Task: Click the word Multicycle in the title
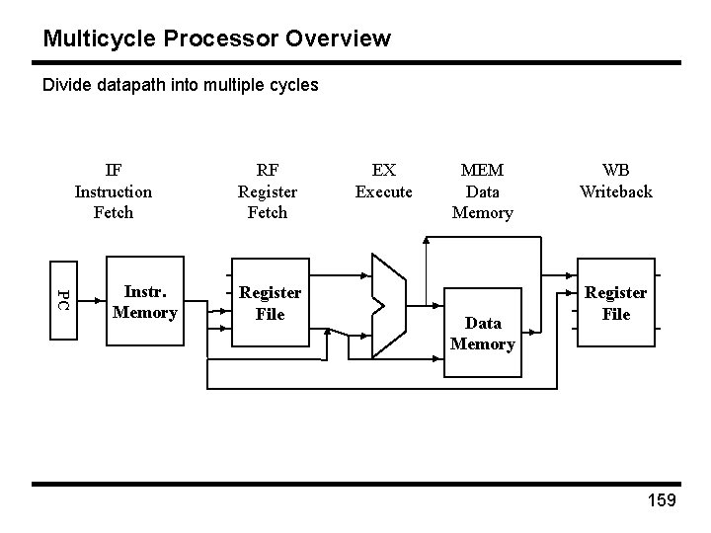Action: click(94, 38)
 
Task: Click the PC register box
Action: click(64, 300)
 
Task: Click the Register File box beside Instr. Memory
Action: click(270, 303)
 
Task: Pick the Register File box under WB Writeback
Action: click(616, 303)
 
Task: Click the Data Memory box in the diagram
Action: click(482, 333)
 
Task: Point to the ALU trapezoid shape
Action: click(387, 301)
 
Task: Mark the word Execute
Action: click(383, 190)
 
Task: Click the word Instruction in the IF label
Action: click(114, 190)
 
